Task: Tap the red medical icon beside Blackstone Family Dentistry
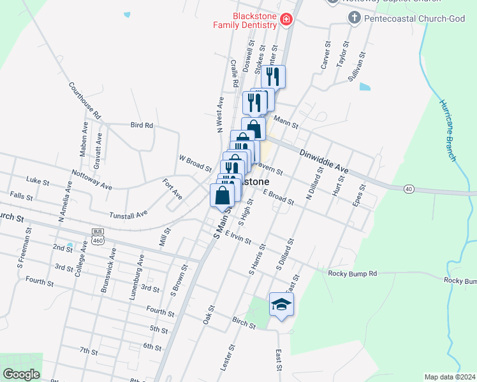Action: pos(286,20)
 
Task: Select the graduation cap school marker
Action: pos(281,305)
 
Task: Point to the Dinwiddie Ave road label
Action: pos(325,161)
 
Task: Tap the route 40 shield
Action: pos(409,188)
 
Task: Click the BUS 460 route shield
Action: pos(98,236)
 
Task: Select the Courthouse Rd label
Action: pos(85,101)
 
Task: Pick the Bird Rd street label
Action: pos(142,125)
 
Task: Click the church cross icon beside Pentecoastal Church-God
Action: pos(355,17)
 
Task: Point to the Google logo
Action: pos(21,374)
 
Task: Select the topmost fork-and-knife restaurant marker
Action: pos(273,76)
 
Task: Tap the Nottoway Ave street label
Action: pos(92,179)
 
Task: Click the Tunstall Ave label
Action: pos(128,215)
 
